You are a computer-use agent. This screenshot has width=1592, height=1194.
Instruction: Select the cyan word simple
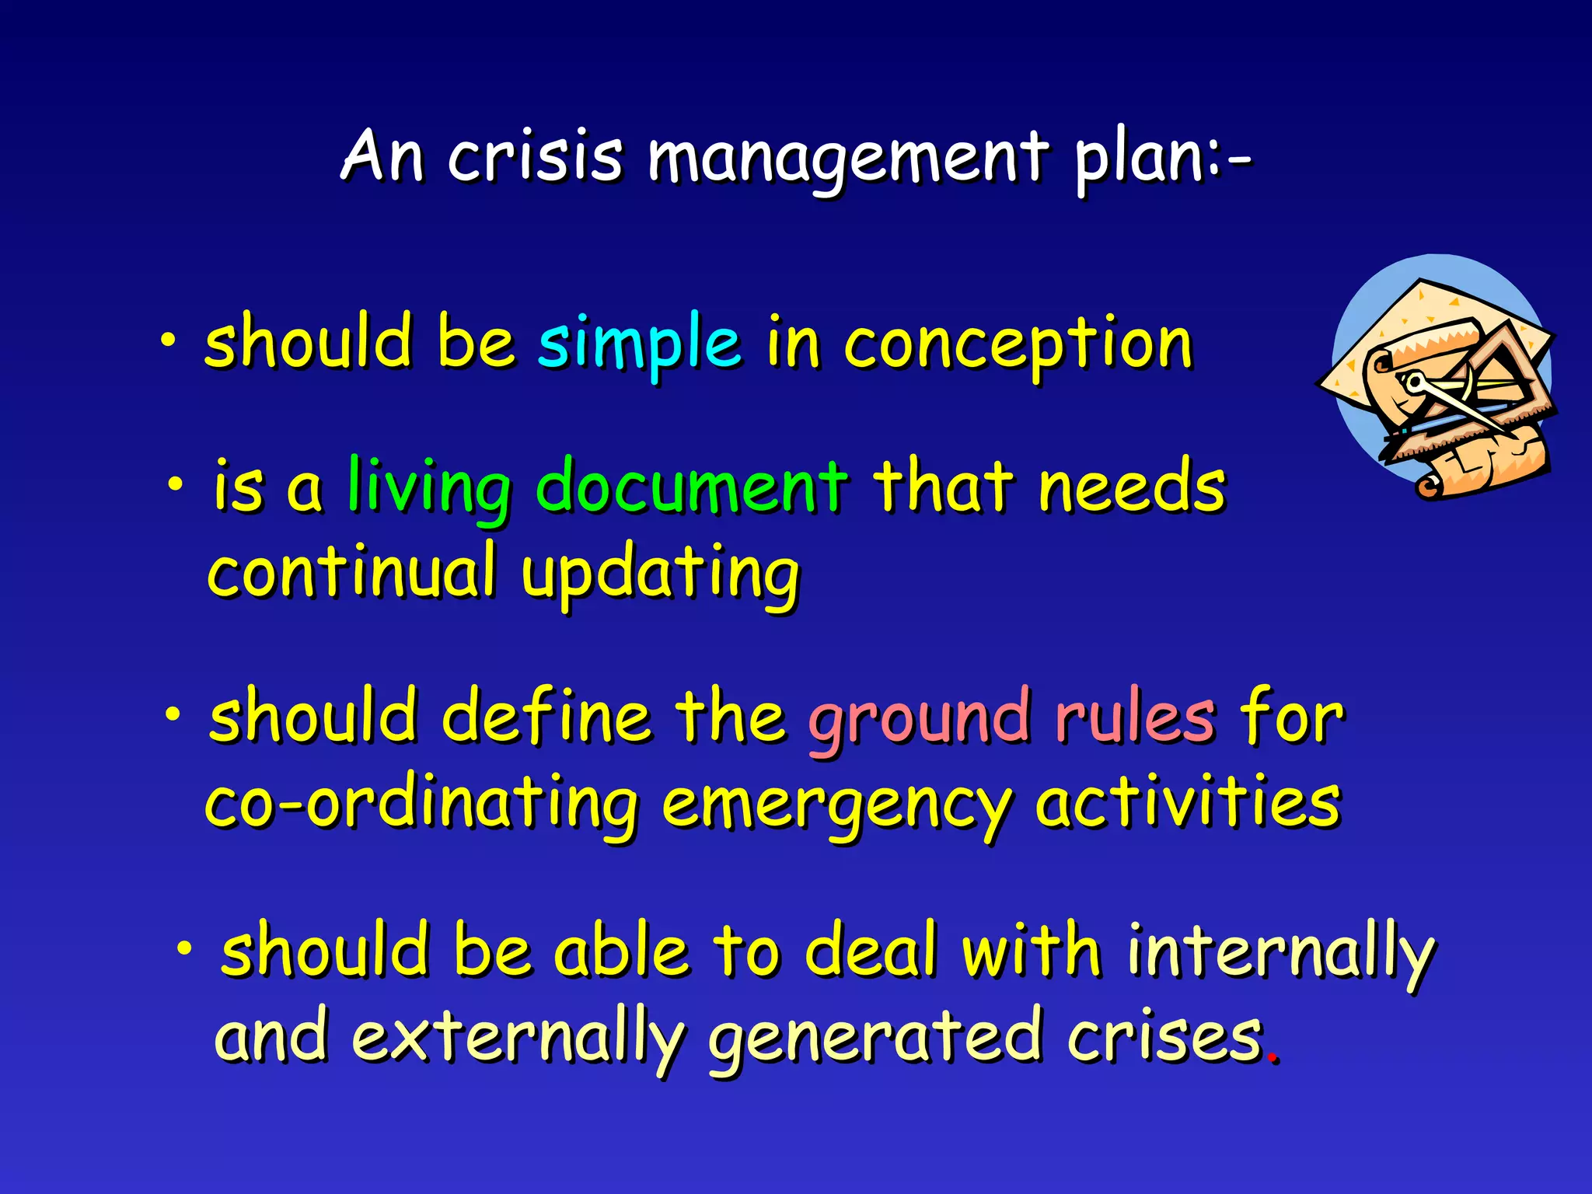coord(639,343)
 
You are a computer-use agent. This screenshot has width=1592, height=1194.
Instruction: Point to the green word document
coord(691,487)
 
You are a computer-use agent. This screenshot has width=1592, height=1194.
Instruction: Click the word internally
coord(1280,953)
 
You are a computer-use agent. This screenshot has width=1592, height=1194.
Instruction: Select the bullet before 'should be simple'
coord(168,340)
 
